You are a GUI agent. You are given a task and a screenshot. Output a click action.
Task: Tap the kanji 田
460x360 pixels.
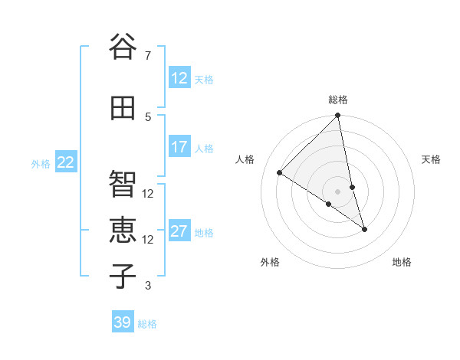pos(123,108)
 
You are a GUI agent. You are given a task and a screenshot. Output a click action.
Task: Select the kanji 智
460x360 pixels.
pos(123,184)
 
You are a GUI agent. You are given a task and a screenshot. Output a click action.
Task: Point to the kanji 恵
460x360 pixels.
pos(123,230)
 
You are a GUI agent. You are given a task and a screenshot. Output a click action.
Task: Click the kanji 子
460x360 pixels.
pos(123,277)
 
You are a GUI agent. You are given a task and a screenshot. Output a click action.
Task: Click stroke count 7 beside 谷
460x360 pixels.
pos(147,55)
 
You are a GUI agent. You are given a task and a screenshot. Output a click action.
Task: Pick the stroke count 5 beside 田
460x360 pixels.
pos(147,116)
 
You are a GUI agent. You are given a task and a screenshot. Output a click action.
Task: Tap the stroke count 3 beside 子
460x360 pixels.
pos(147,286)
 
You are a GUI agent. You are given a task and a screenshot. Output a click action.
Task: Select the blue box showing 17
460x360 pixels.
pos(179,147)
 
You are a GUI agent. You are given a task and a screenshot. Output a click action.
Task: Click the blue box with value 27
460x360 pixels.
pos(179,232)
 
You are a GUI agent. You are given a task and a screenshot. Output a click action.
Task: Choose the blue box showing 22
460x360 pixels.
pos(65,162)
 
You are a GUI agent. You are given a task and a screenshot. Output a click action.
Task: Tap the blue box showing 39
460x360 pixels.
pos(122,322)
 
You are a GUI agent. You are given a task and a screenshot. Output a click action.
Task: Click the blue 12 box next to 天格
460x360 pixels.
pos(179,78)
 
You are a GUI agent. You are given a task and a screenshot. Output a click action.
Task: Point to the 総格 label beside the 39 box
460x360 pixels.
pos(147,323)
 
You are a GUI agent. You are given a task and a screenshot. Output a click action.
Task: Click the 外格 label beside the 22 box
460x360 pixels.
pos(41,163)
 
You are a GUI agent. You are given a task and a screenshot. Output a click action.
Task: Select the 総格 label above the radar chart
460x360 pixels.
pos(338,100)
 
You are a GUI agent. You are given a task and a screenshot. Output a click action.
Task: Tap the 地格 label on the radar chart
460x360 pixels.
pos(402,262)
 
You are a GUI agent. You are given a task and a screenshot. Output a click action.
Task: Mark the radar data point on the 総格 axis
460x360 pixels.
pos(338,116)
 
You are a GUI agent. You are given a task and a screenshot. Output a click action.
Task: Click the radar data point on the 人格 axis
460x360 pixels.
pos(280,172)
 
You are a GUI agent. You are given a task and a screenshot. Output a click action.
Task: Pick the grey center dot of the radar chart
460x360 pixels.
pos(338,191)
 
